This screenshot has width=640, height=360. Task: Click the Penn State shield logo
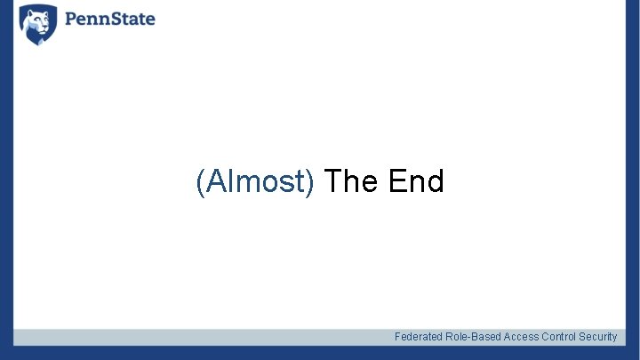click(38, 24)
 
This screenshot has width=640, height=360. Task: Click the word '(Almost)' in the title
click(255, 181)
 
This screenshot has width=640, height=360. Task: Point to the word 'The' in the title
click(352, 181)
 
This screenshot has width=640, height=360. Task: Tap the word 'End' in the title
click(416, 181)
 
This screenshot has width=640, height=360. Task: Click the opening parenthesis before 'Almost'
click(200, 182)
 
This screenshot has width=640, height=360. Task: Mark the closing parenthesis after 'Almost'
click(310, 182)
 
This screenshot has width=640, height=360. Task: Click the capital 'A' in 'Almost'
click(214, 181)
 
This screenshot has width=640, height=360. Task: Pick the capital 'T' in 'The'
click(333, 181)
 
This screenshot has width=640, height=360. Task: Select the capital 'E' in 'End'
click(396, 181)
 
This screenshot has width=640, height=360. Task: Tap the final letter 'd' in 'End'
click(435, 181)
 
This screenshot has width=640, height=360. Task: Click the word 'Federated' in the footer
click(419, 337)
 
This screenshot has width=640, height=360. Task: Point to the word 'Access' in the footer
click(521, 337)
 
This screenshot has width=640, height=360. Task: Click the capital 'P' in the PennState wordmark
click(71, 19)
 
